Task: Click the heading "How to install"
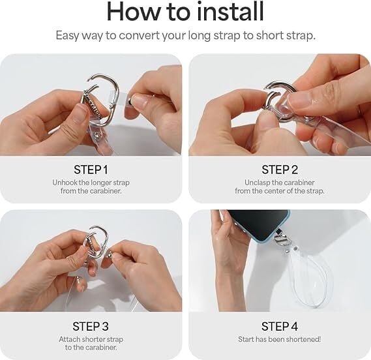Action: pyautogui.click(x=185, y=11)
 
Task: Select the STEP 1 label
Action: pyautogui.click(x=91, y=170)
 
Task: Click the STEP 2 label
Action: pyautogui.click(x=280, y=170)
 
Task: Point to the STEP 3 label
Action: pyautogui.click(x=91, y=326)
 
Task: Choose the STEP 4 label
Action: pyautogui.click(x=280, y=326)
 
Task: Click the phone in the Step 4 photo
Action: pyautogui.click(x=259, y=225)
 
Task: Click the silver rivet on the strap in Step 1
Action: pyautogui.click(x=96, y=136)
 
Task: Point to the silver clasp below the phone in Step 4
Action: pyautogui.click(x=280, y=240)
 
